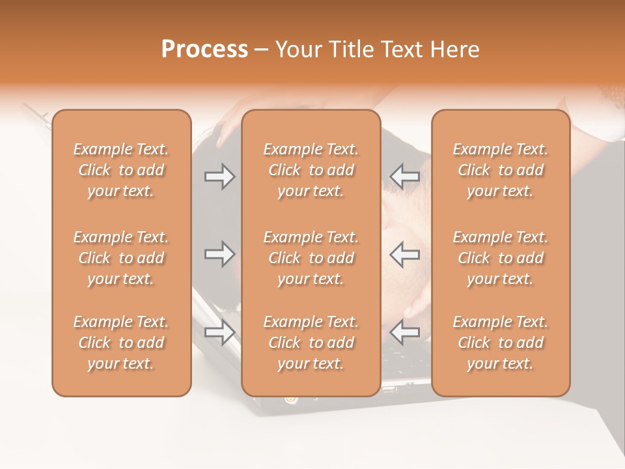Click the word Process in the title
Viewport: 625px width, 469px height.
coord(204,50)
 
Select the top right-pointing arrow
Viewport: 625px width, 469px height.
coord(219,177)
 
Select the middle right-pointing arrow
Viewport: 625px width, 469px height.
coord(219,254)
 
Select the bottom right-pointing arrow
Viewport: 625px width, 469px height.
coord(219,332)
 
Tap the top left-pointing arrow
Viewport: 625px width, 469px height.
coord(405,177)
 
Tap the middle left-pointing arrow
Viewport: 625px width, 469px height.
coord(405,254)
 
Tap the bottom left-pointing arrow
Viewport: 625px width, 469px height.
coord(405,332)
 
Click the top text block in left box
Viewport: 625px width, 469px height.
coord(121,170)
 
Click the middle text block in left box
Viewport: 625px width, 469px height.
coord(121,258)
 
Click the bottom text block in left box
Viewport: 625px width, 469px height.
coord(121,343)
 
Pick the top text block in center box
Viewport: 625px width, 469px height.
coord(311,170)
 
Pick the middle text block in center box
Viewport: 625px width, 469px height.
coord(311,258)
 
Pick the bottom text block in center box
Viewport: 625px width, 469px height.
coord(311,343)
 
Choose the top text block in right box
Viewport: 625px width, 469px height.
coord(500,170)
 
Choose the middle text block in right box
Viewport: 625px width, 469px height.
coord(500,258)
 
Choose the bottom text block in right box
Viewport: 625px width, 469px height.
coord(500,343)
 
